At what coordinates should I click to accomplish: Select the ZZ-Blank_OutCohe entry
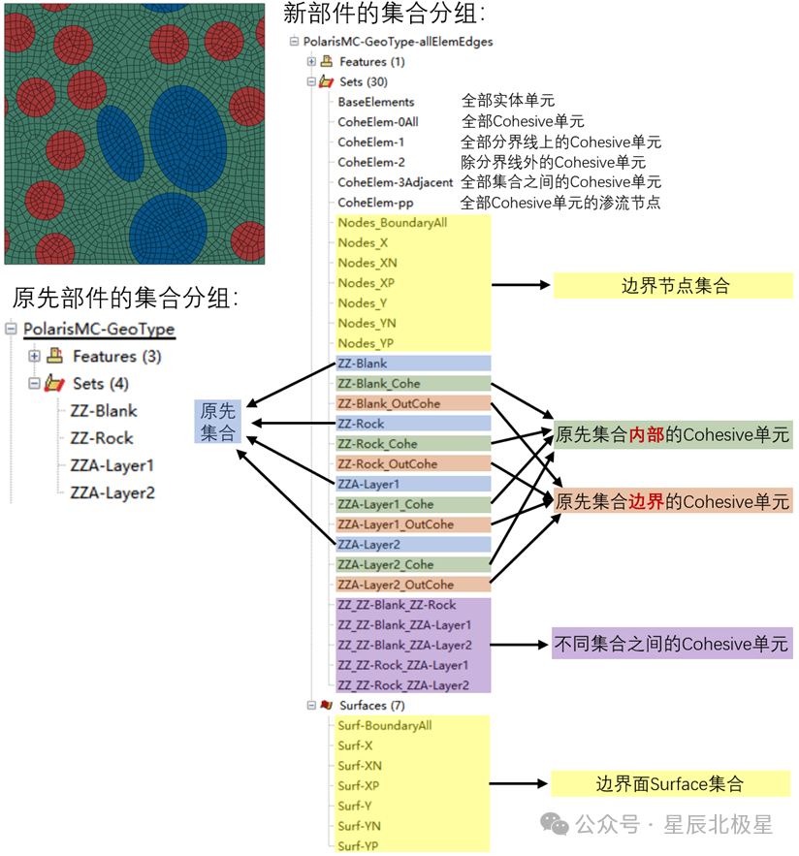(388, 403)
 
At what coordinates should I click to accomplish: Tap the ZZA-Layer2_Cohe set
(385, 564)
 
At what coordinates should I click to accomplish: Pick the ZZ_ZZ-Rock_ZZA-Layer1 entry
(402, 665)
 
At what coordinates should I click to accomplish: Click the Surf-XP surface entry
(355, 785)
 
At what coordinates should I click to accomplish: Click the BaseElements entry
(375, 102)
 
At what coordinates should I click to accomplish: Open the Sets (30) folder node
(363, 81)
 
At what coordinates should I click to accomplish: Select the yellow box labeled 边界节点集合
(674, 286)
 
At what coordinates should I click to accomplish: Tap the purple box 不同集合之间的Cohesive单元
(671, 644)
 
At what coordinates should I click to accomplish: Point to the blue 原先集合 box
(217, 422)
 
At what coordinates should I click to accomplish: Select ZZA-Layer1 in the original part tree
(112, 465)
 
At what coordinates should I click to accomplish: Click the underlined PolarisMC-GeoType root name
(99, 330)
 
